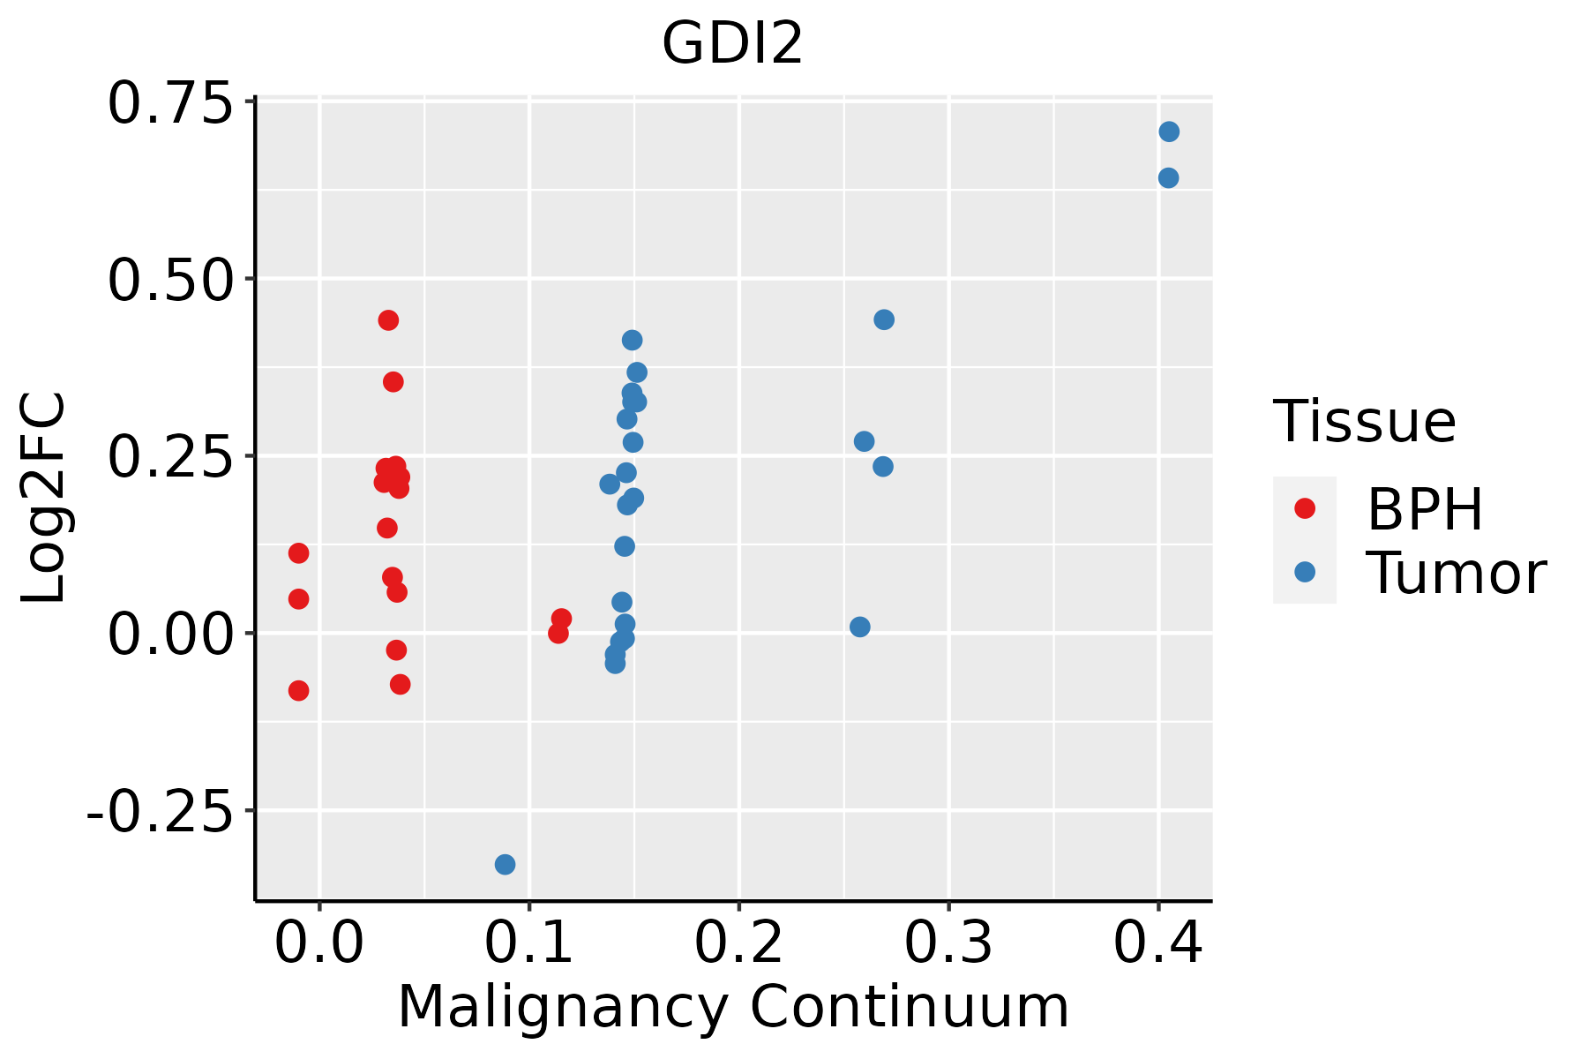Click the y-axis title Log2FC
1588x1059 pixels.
click(44, 499)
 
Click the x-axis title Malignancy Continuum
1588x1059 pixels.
click(733, 1008)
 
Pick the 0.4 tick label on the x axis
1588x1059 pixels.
click(1157, 944)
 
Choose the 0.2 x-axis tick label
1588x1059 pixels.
click(738, 944)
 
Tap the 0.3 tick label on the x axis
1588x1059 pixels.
click(948, 944)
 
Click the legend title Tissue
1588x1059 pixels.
click(1365, 422)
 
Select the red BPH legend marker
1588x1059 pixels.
click(1304, 508)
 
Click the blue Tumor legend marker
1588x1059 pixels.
click(1304, 572)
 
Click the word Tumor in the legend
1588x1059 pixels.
click(1456, 574)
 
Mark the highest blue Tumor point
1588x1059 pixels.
click(1169, 132)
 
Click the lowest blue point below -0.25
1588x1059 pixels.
click(505, 864)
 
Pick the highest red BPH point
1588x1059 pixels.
click(388, 319)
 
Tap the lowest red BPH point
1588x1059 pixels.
click(298, 690)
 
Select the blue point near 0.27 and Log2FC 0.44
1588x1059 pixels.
click(884, 319)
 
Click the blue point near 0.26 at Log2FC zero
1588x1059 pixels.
click(860, 627)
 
